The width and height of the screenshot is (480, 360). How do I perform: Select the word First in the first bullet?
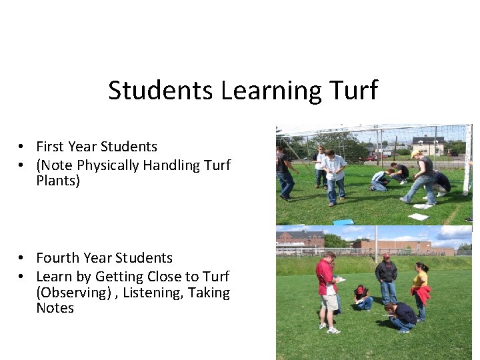(x=51, y=147)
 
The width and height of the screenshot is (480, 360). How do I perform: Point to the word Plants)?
(x=58, y=181)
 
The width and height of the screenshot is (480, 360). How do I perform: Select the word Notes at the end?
(x=55, y=308)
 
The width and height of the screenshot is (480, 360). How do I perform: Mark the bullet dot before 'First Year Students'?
(x=22, y=147)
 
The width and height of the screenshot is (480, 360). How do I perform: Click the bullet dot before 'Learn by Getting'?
(x=22, y=277)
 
